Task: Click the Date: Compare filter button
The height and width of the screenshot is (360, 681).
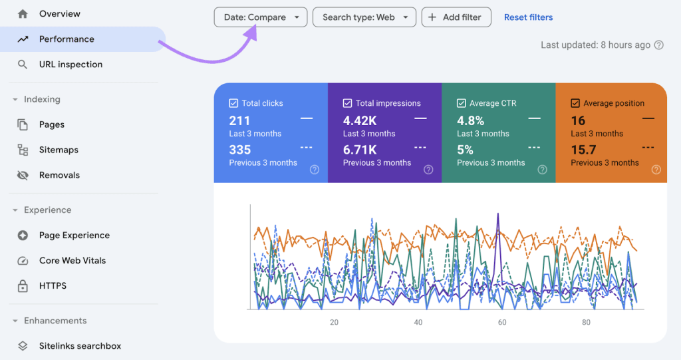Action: point(260,17)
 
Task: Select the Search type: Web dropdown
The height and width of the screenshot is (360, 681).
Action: point(364,17)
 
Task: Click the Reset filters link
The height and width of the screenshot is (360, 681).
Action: point(528,17)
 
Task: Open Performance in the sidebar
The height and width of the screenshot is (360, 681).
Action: point(67,39)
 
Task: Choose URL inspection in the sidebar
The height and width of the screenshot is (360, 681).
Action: point(70,65)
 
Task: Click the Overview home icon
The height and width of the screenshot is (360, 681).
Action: point(23,14)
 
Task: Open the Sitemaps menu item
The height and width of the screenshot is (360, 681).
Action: point(59,150)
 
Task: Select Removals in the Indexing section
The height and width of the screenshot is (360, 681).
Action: point(59,175)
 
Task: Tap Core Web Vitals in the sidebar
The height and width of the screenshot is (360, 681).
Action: point(72,260)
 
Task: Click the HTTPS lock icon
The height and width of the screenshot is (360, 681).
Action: point(23,286)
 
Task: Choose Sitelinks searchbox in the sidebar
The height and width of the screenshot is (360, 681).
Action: point(80,346)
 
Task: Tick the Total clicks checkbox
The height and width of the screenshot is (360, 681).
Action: point(233,103)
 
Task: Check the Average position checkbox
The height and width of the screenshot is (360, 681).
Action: point(575,103)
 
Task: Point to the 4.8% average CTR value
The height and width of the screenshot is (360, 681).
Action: point(470,120)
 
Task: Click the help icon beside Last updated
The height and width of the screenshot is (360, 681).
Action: point(659,45)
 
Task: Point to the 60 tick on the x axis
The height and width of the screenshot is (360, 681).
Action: point(502,323)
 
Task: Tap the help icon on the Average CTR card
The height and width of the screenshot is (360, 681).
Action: point(543,170)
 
